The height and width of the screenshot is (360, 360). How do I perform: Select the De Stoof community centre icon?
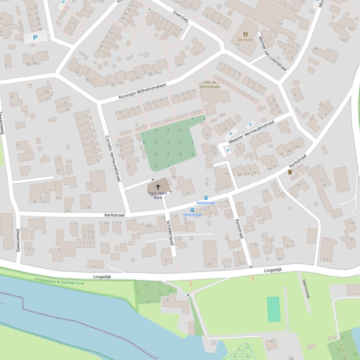click(245, 34)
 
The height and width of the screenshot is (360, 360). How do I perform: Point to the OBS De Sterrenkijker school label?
click(210, 84)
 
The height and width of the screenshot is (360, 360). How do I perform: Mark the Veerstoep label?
click(306, 288)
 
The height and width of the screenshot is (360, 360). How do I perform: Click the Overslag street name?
click(181, 17)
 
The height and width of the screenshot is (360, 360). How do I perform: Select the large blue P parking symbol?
click(35, 38)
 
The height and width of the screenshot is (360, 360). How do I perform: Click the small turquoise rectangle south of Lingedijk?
click(273, 309)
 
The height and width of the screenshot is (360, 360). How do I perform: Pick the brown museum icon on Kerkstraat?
click(290, 172)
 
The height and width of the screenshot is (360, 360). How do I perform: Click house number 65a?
click(352, 223)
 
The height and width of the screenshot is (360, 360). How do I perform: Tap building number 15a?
click(279, 23)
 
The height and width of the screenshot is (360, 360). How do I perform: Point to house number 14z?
click(173, 177)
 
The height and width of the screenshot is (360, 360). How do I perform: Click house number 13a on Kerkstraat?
click(255, 244)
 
